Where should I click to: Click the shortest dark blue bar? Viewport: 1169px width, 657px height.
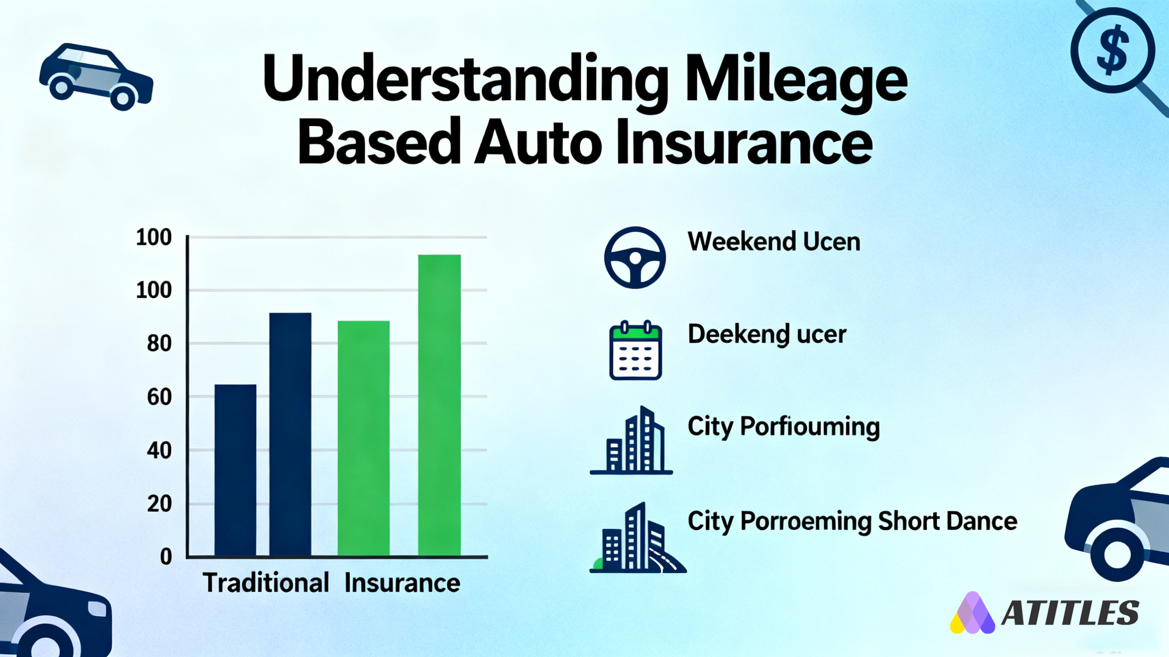(235, 470)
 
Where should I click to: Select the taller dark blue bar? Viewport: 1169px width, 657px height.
(290, 434)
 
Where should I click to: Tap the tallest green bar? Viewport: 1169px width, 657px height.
(439, 405)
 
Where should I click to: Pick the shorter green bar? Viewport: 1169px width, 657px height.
(364, 438)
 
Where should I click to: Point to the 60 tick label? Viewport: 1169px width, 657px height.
(159, 397)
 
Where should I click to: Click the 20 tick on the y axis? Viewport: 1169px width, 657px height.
(159, 504)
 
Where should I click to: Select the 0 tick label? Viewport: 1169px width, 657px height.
(166, 556)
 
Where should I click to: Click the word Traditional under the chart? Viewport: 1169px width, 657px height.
(266, 583)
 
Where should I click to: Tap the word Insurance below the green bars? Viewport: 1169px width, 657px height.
(402, 583)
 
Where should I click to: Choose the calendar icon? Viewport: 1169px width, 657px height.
(635, 350)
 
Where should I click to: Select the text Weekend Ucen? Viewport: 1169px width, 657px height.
(774, 241)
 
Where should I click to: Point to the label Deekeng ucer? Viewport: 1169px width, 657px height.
(767, 335)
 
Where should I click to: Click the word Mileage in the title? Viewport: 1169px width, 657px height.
(796, 80)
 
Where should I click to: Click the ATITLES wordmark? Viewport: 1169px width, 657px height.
(1070, 612)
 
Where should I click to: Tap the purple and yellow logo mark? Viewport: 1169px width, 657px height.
(972, 613)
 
